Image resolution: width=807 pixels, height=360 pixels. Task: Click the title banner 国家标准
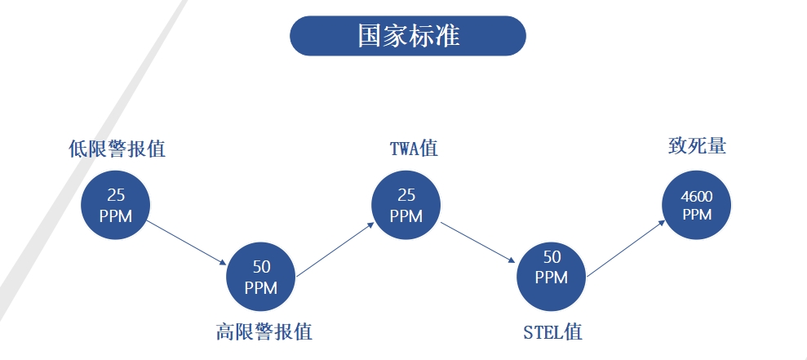click(408, 36)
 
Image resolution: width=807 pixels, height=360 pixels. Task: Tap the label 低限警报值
click(117, 149)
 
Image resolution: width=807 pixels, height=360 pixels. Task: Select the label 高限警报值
click(264, 331)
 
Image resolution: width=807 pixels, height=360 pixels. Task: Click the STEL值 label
click(552, 332)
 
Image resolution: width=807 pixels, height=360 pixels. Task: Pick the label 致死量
click(697, 146)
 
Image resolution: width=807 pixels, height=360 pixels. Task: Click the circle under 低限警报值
click(116, 206)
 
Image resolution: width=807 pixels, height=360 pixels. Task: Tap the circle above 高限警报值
click(261, 277)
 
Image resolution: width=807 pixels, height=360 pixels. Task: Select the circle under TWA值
click(406, 205)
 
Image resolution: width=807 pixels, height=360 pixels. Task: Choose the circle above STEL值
click(552, 277)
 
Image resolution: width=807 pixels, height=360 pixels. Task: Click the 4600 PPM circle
click(697, 205)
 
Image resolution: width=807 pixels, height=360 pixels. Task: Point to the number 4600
click(697, 197)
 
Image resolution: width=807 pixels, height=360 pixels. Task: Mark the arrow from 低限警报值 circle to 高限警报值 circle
click(188, 242)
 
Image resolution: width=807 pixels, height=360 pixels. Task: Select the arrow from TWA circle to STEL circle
click(479, 242)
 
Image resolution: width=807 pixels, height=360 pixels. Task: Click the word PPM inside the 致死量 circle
click(697, 215)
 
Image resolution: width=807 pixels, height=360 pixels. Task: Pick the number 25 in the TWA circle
click(406, 196)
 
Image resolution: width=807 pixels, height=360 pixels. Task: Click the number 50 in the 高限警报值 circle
click(261, 267)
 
